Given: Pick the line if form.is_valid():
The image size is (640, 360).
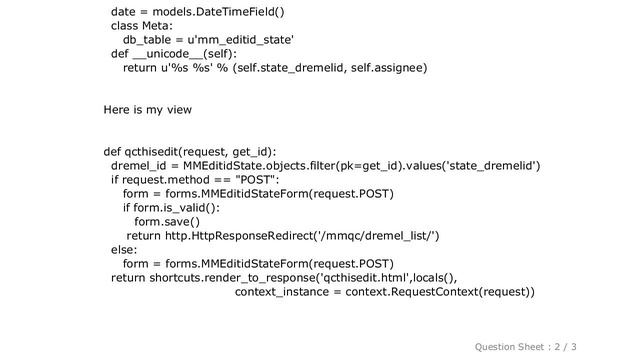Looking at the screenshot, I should tap(171, 208).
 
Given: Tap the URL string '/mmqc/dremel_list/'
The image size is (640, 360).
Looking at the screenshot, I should tap(377, 236).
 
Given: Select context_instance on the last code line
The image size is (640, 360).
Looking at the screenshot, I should tap(283, 292).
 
